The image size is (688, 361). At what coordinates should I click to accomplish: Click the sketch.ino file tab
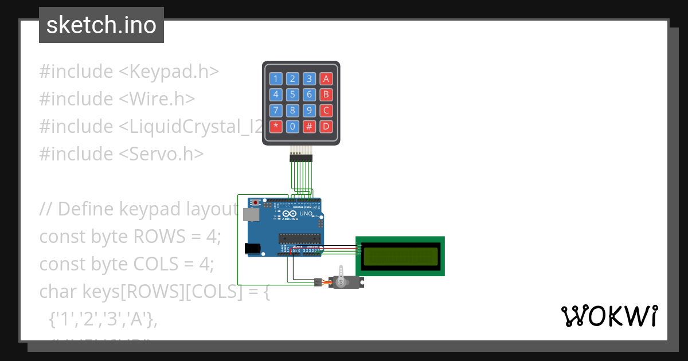pos(101,25)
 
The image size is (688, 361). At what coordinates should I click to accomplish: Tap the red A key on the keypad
pos(326,79)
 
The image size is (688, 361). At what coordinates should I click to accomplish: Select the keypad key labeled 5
pos(292,95)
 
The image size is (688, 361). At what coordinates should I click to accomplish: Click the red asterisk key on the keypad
pos(276,126)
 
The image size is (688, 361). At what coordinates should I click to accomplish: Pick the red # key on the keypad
pos(309,126)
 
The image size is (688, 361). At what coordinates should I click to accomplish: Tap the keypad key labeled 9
pos(309,111)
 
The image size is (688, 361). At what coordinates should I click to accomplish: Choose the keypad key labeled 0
pos(292,126)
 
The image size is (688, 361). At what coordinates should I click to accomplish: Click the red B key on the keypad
pos(326,95)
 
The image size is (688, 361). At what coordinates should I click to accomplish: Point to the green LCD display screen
pos(400,257)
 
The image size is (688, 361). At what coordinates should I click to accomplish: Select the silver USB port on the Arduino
pos(250,214)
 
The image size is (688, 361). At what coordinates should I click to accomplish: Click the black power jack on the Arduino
pos(252,248)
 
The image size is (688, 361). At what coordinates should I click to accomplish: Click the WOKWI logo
pos(609,316)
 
